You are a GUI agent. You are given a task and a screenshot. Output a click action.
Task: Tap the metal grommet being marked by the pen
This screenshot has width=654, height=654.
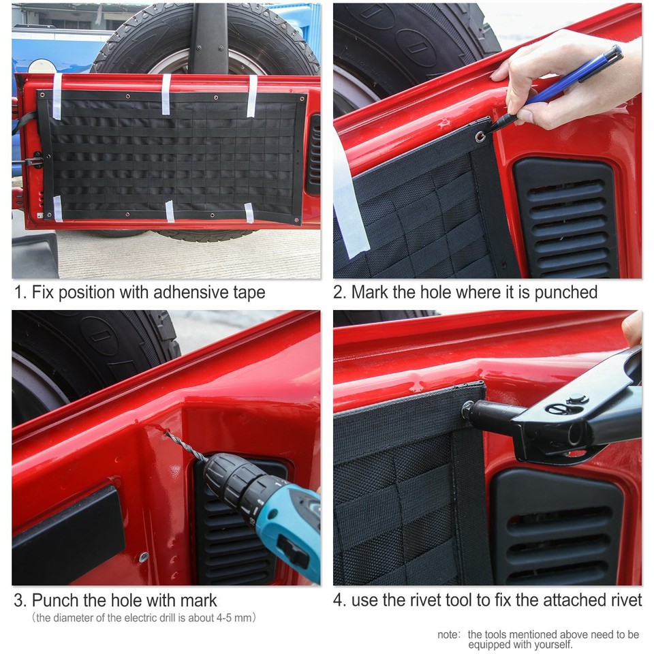482,136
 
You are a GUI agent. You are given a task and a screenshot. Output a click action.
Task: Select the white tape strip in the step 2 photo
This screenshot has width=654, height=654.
349,204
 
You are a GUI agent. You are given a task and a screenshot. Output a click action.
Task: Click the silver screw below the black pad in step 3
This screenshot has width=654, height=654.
144,557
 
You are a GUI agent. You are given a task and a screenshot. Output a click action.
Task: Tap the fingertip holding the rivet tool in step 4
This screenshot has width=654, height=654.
632,328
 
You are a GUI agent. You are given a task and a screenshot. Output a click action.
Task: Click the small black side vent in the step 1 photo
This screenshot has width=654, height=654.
313,154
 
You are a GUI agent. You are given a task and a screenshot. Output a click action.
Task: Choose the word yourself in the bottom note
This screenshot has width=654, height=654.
552,644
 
